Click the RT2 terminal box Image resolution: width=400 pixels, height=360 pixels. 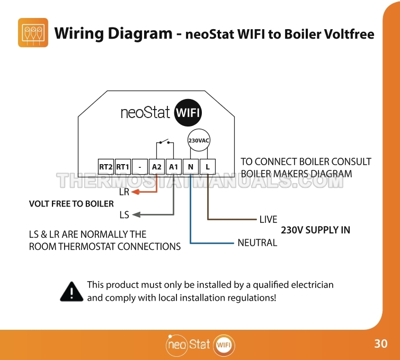(106, 167)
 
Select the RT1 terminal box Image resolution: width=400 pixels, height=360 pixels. (123, 167)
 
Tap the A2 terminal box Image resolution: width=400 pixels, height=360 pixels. (157, 167)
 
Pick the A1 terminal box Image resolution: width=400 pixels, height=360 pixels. (173, 167)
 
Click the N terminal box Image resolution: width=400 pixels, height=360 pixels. (191, 167)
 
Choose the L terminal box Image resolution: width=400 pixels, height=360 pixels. (208, 167)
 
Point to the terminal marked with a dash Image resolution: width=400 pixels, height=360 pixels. (140, 167)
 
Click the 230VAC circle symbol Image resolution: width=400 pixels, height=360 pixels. (199, 140)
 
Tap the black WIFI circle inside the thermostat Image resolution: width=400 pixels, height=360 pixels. (188, 112)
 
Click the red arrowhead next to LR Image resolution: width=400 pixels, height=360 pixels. (136, 192)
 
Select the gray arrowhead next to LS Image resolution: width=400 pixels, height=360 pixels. (136, 214)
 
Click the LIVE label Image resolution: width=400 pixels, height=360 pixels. (269, 219)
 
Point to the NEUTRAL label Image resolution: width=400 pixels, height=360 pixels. (257, 242)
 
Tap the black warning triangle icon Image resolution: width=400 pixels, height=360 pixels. (72, 292)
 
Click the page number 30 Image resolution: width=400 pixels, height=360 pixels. (381, 344)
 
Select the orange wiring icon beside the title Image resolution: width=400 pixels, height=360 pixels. (33, 33)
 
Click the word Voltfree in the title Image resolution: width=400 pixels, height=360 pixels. (349, 34)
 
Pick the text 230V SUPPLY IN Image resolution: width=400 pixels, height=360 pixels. (316, 230)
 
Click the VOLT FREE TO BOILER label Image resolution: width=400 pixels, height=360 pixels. (72, 204)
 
